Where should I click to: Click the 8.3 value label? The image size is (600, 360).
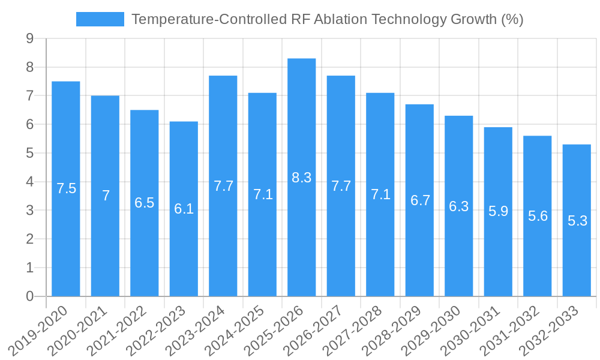[x=301, y=178]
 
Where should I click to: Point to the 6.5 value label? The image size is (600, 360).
[x=145, y=203]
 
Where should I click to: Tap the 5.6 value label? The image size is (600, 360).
[x=538, y=216]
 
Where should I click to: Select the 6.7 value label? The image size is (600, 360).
[x=420, y=200]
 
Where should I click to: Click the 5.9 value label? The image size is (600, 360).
[x=498, y=211]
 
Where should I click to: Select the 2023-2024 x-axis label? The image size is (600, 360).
[x=199, y=329]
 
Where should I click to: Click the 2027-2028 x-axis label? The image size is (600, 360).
[x=356, y=329]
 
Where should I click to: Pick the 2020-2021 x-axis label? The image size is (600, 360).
[x=81, y=329]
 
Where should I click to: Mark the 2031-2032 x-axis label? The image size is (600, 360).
[x=513, y=329]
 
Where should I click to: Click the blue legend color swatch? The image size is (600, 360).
[x=100, y=19]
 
